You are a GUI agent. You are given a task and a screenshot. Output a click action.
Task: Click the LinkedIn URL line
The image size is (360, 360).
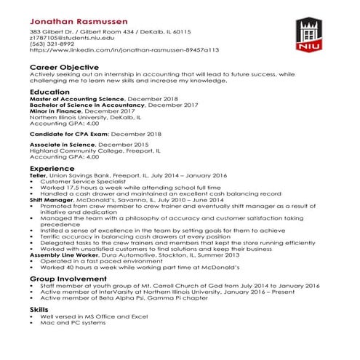tap(114, 51)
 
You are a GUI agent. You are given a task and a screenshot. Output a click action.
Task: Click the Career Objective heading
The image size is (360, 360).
tap(64, 66)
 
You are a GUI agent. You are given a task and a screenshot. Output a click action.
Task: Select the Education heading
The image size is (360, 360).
tap(49, 92)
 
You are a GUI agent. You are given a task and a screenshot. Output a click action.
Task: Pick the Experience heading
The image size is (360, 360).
tap(52, 168)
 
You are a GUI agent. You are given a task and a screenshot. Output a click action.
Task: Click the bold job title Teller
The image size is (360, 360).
tap(38, 175)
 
